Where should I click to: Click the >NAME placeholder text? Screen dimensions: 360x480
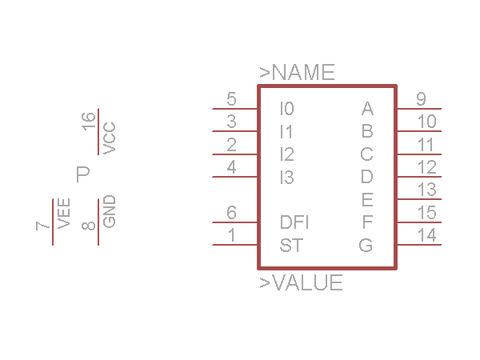(297, 73)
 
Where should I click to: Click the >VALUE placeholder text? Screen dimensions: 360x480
(301, 283)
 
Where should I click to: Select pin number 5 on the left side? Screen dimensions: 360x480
(231, 100)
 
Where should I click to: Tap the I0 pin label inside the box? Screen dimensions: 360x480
(286, 108)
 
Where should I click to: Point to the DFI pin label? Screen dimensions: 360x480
(294, 222)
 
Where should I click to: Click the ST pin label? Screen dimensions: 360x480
(290, 246)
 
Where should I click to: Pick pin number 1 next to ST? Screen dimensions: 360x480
(231, 236)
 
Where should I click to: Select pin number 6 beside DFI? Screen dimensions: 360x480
(231, 213)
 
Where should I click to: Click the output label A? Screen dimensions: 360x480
(367, 108)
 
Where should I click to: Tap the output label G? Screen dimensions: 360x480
(366, 246)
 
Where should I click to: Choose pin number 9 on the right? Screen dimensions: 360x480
(421, 99)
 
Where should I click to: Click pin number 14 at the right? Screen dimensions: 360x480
(426, 236)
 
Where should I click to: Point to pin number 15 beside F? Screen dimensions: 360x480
(426, 213)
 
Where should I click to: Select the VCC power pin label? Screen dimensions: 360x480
(109, 138)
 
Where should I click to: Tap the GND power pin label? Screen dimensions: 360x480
(109, 211)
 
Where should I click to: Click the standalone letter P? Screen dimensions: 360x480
(82, 174)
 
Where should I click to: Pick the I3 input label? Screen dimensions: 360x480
(286, 178)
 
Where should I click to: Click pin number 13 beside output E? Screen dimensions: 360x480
(426, 190)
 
